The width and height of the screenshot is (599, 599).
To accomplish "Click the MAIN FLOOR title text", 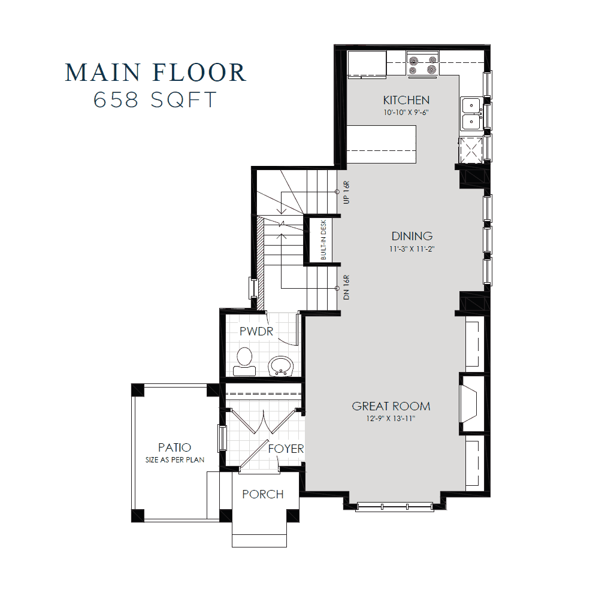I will tap(155, 72).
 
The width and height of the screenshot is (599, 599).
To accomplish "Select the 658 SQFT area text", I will tap(155, 100).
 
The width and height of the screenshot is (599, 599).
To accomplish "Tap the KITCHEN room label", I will tap(406, 100).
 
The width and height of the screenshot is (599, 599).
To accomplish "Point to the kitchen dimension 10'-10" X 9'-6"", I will tap(406, 112).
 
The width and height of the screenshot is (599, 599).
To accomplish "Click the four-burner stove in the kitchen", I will tap(422, 64).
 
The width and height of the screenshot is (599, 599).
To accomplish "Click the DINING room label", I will tap(412, 236).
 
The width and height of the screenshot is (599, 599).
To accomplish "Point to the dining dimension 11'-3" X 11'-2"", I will tap(412, 248).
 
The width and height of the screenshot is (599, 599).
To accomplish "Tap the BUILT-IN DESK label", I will tap(323, 239).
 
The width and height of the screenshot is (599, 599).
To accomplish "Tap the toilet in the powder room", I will tap(244, 361).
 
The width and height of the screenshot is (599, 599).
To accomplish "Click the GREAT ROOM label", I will tap(391, 406).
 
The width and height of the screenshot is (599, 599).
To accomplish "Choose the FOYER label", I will tap(286, 449).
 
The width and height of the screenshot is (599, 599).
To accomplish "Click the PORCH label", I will tap(263, 494).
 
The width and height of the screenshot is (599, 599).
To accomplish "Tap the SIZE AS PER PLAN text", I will tap(174, 459).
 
